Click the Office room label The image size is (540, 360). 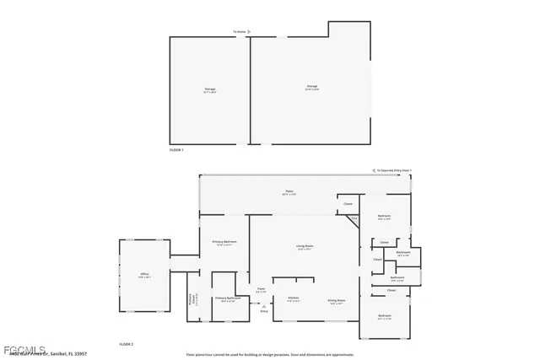click(x=143, y=276)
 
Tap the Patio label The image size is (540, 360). click(x=289, y=192)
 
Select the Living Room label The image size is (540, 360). click(x=305, y=248)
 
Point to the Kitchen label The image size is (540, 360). click(x=294, y=298)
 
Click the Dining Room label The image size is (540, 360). click(x=337, y=301)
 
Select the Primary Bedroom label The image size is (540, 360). click(x=224, y=243)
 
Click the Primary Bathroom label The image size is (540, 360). click(x=228, y=298)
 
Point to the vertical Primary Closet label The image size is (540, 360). click(x=192, y=300)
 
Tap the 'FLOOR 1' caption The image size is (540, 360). click(x=176, y=149)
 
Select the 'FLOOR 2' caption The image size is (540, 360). click(x=127, y=344)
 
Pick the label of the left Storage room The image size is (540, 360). click(x=209, y=89)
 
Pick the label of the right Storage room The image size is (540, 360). click(x=311, y=87)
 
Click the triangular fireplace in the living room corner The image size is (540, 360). click(x=354, y=219)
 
